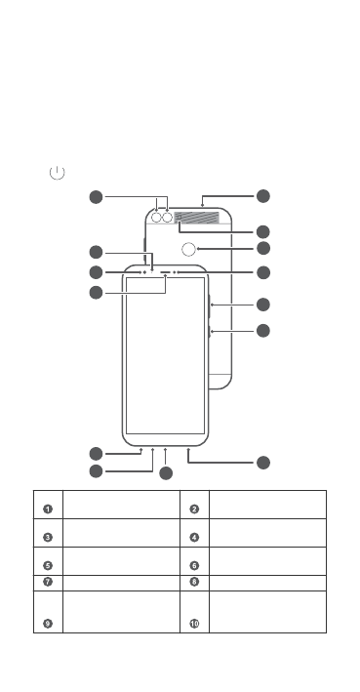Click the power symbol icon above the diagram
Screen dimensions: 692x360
[x=58, y=173]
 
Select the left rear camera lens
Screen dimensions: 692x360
[x=156, y=218]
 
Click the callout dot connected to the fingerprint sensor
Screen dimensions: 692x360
[x=262, y=248]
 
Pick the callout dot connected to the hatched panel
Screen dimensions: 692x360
[x=262, y=231]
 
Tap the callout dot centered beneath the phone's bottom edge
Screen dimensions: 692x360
[x=166, y=473]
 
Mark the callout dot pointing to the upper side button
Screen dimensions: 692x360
[x=262, y=305]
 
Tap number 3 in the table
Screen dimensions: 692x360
[x=47, y=536]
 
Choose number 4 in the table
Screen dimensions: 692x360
[x=194, y=536]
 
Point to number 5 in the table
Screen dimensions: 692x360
[x=47, y=564]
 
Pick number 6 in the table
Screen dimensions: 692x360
[x=194, y=564]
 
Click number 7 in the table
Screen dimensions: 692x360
[x=47, y=583]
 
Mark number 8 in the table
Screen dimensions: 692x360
[x=194, y=583]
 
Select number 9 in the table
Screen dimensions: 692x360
[x=47, y=623]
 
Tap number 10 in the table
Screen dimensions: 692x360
[x=194, y=623]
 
